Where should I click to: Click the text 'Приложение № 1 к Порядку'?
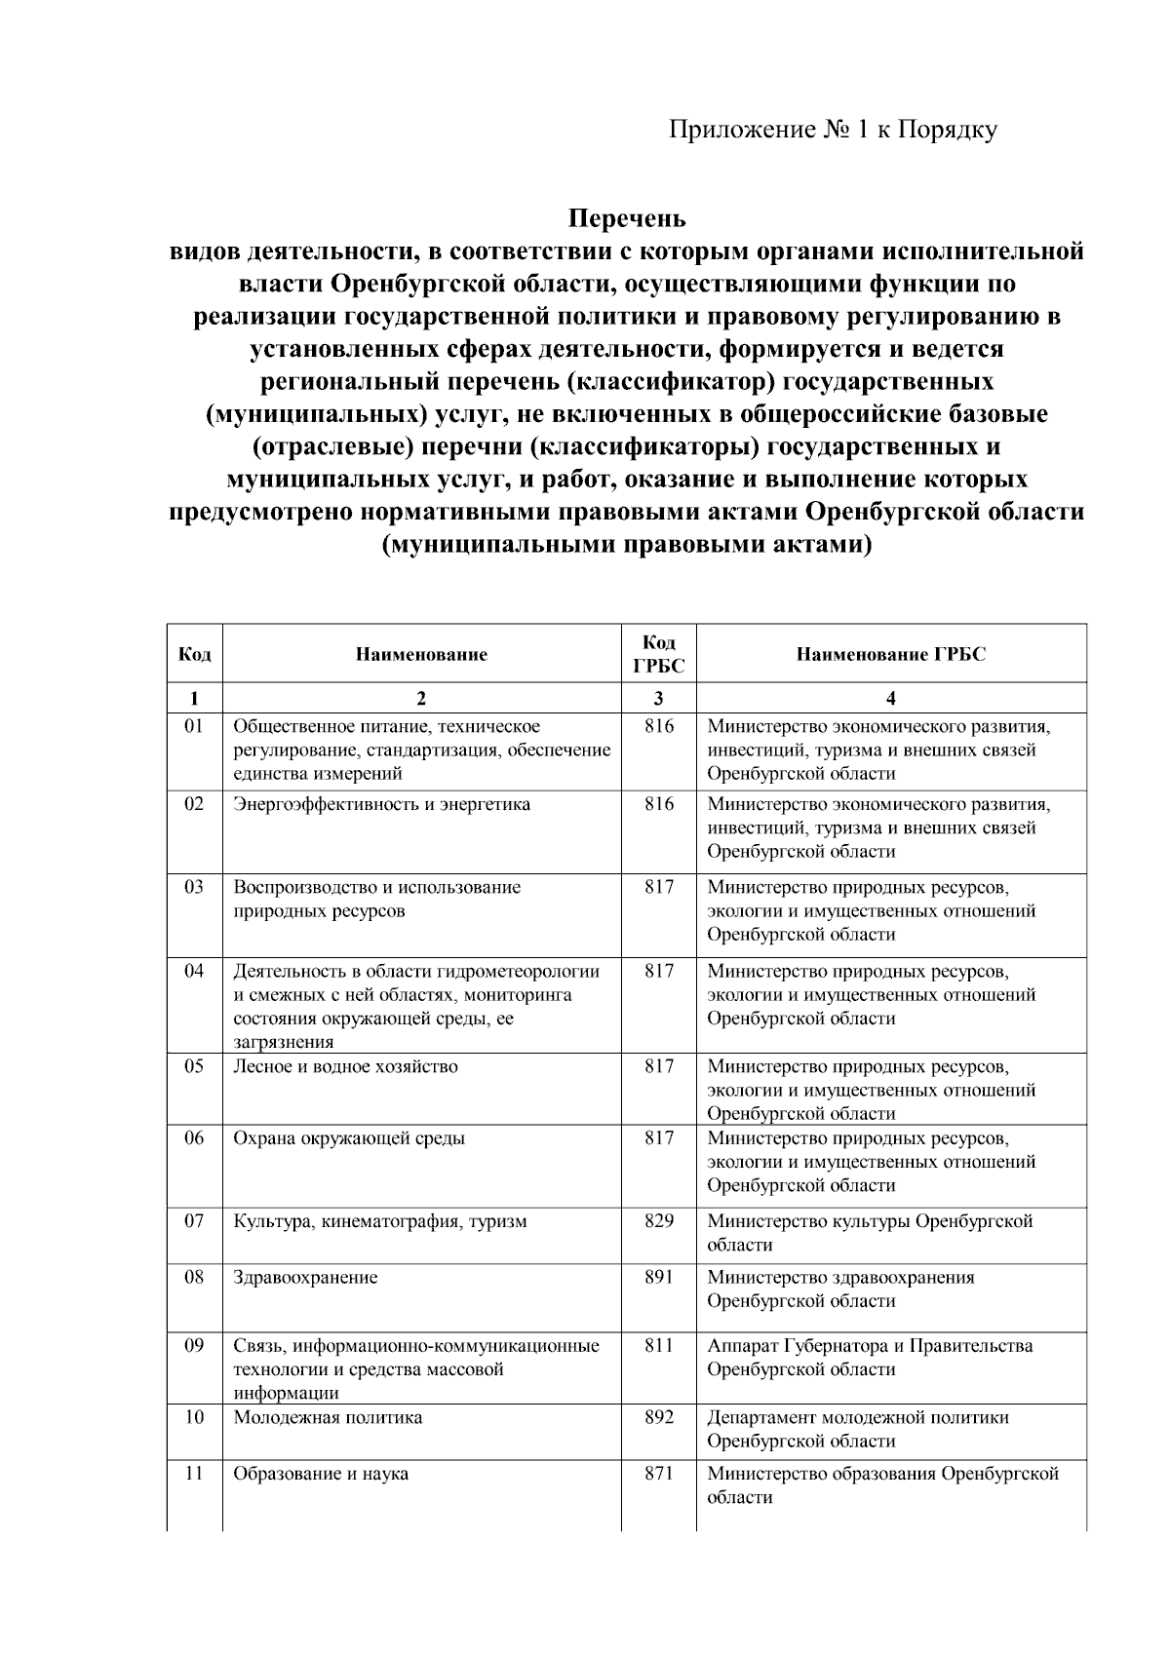pyautogui.click(x=832, y=130)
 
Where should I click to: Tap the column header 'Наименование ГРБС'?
pyautogui.click(x=890, y=654)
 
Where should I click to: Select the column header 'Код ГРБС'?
pyautogui.click(x=658, y=654)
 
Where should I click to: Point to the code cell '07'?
pyautogui.click(x=194, y=1220)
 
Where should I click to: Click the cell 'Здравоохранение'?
pyautogui.click(x=305, y=1277)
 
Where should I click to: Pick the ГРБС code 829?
pyautogui.click(x=659, y=1220)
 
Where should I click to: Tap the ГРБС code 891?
pyautogui.click(x=659, y=1277)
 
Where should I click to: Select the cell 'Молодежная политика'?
pyautogui.click(x=328, y=1417)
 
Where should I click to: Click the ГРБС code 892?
pyautogui.click(x=659, y=1417)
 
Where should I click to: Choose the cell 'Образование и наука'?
pyautogui.click(x=321, y=1474)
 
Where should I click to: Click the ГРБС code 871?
pyautogui.click(x=659, y=1474)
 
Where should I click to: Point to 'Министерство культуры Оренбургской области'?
pyautogui.click(x=869, y=1233)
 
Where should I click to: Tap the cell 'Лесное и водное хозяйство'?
pyautogui.click(x=345, y=1066)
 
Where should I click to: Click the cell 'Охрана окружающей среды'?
pyautogui.click(x=349, y=1137)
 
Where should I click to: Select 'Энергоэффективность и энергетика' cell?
pyautogui.click(x=382, y=804)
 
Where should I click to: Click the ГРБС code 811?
pyautogui.click(x=659, y=1346)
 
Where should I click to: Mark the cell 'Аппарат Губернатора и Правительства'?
pyautogui.click(x=870, y=1346)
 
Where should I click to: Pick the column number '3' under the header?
pyautogui.click(x=659, y=698)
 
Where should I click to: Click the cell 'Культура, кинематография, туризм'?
pyautogui.click(x=380, y=1220)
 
